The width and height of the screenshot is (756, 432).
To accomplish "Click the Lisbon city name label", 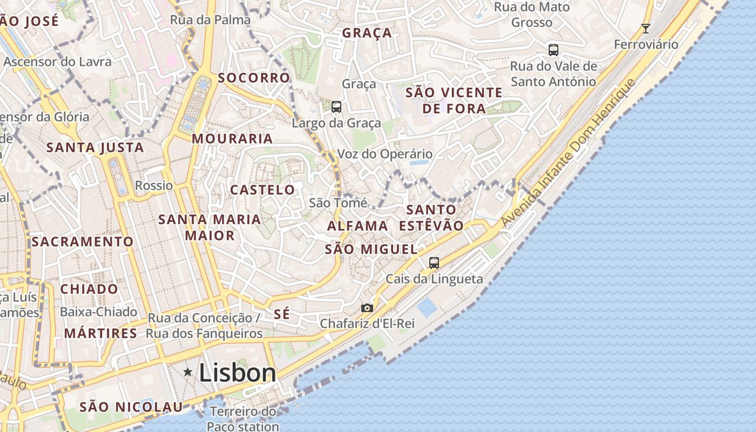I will click(238, 373).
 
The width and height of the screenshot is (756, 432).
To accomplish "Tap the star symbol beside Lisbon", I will click(188, 372).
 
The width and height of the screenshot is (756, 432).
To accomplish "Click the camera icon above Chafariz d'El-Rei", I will click(367, 308).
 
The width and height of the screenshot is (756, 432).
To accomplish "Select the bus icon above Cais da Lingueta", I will click(434, 263).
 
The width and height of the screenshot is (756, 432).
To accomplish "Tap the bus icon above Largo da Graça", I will click(336, 107).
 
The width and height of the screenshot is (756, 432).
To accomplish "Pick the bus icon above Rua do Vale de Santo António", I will click(553, 50).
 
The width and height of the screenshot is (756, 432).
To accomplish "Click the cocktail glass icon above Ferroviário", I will click(645, 29).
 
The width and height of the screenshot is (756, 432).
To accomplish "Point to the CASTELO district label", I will click(262, 190).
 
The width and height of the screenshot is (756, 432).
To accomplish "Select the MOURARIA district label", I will click(232, 139).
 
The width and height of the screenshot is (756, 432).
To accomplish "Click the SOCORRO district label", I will click(254, 78).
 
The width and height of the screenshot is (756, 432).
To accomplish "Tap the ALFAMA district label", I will click(357, 226).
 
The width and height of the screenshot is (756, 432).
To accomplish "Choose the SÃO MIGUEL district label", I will click(371, 249).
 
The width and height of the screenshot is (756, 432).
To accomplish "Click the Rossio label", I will click(154, 186).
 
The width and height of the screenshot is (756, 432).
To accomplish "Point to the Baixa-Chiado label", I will click(98, 312).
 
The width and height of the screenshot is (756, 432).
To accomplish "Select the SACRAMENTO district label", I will click(82, 241).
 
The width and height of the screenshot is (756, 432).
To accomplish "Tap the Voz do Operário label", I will click(384, 154).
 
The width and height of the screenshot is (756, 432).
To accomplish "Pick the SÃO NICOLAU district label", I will click(131, 407).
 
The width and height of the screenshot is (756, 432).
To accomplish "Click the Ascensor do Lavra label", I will click(57, 62).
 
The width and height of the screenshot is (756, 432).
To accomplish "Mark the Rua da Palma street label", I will click(210, 20).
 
